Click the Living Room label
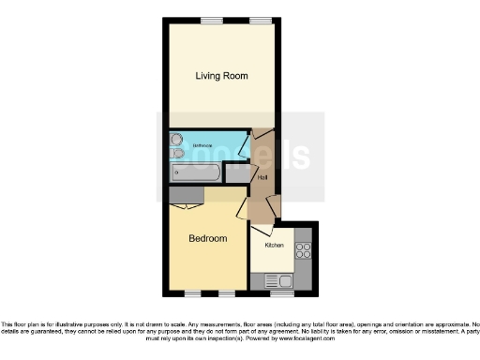[221, 75]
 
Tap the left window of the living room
[211, 20]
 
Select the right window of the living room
[261, 20]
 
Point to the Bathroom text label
[203, 146]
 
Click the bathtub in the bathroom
[198, 173]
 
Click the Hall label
[263, 176]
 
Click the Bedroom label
[208, 238]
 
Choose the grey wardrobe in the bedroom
[184, 193]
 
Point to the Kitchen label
[274, 245]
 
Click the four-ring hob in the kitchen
[303, 250]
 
